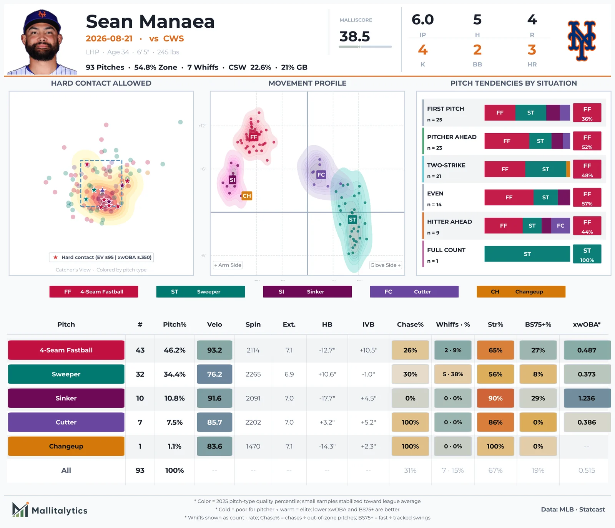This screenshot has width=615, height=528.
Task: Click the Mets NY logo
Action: click(582, 41)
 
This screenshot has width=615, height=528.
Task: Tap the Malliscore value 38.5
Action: click(354, 36)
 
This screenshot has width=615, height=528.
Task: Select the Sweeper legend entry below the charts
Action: click(201, 291)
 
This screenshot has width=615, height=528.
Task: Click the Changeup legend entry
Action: click(521, 291)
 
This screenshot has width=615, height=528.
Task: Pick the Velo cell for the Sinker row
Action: click(214, 398)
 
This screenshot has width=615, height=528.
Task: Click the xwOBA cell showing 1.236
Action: click(587, 398)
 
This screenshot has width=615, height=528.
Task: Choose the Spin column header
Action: click(253, 324)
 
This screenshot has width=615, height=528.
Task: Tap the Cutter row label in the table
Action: click(66, 422)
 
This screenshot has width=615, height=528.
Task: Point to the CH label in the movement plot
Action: click(247, 196)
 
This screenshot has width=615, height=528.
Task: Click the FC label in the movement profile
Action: click(321, 175)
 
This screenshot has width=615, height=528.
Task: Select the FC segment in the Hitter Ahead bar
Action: click(561, 226)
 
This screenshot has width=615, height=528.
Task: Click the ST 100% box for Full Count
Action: click(587, 254)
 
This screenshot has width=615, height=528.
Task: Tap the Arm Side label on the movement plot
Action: click(228, 265)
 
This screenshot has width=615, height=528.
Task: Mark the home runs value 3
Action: click(532, 50)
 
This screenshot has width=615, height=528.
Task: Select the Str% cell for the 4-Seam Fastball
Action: click(495, 350)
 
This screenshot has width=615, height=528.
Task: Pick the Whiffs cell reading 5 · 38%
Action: click(453, 374)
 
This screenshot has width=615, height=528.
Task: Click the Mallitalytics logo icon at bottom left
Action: click(20, 510)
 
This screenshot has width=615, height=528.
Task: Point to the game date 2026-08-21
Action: click(109, 38)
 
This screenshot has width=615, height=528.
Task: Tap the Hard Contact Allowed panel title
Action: click(101, 83)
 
